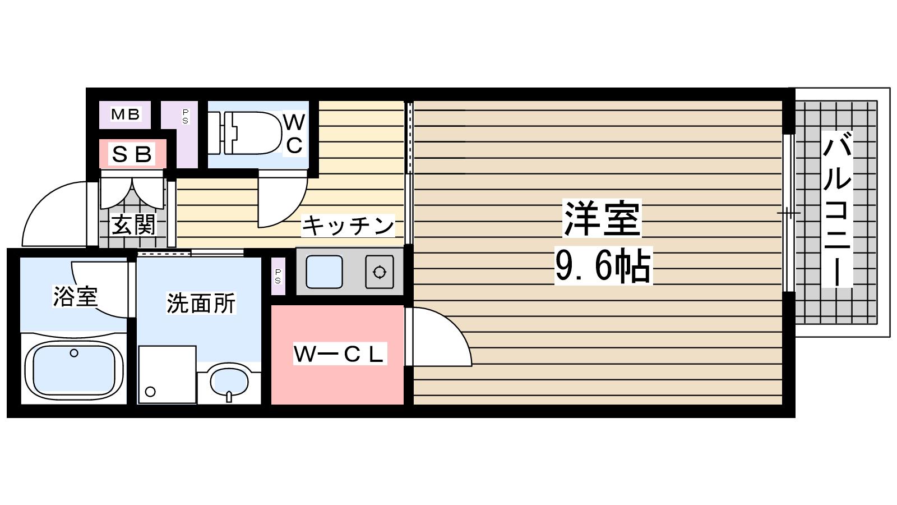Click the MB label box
[125, 114]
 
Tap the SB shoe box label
[132, 154]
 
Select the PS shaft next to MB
[185, 117]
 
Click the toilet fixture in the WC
[247, 133]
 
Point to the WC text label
[294, 133]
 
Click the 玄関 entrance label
[133, 225]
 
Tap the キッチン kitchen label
[348, 226]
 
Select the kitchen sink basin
[324, 272]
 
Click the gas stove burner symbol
[380, 273]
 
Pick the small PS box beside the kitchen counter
[278, 276]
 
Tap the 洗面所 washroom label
[201, 303]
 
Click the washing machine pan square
[167, 374]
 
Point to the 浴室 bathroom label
[75, 296]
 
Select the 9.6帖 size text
[603, 266]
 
